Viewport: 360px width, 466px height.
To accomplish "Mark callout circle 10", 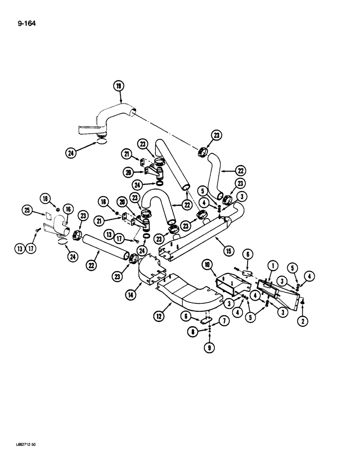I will pos(206,266).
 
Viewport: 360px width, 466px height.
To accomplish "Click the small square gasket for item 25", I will pos(47,216).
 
